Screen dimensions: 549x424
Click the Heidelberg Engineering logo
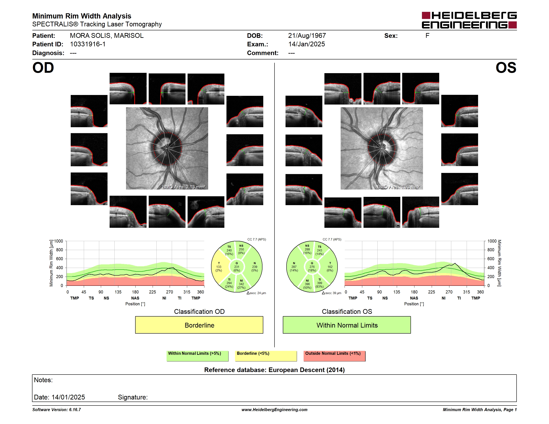(469, 20)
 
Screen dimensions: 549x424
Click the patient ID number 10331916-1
(88, 44)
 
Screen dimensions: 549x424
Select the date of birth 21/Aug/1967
(307, 36)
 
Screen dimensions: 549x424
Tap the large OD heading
(43, 68)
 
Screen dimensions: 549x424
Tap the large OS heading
(506, 68)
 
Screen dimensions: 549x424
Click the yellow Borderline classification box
(199, 325)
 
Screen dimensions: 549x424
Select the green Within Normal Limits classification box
(347, 325)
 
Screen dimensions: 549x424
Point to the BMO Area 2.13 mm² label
(184, 187)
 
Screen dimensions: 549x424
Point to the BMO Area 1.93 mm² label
(398, 187)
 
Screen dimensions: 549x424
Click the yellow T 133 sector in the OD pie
(219, 267)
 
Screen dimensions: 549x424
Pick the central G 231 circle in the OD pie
(236, 267)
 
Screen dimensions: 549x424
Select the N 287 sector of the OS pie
(294, 267)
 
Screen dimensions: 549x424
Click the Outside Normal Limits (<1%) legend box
(334, 356)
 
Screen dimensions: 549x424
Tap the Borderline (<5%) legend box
(266, 356)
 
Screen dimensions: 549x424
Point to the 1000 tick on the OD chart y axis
(59, 241)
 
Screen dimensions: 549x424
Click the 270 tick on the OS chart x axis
(449, 292)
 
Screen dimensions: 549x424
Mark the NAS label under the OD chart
(135, 298)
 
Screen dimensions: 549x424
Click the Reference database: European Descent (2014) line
(274, 370)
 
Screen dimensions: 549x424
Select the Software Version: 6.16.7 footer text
(57, 410)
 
